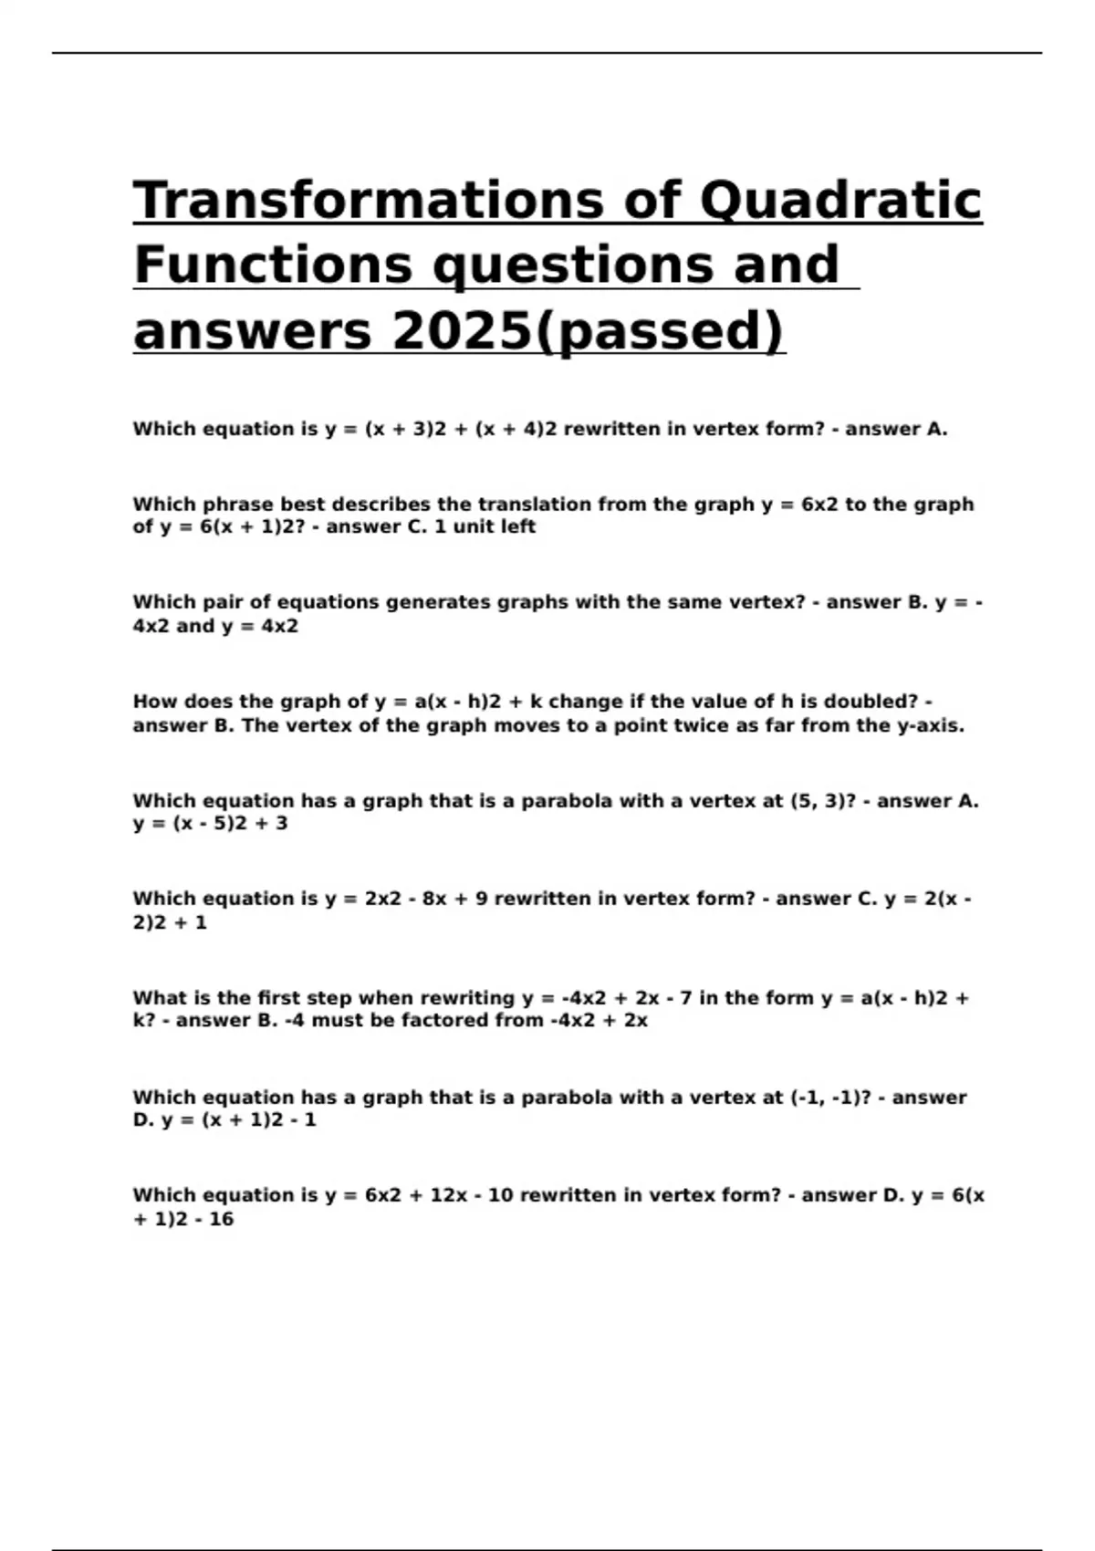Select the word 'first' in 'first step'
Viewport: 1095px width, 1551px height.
[x=279, y=998]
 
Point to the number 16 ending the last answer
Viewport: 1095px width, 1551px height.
[x=221, y=1219]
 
